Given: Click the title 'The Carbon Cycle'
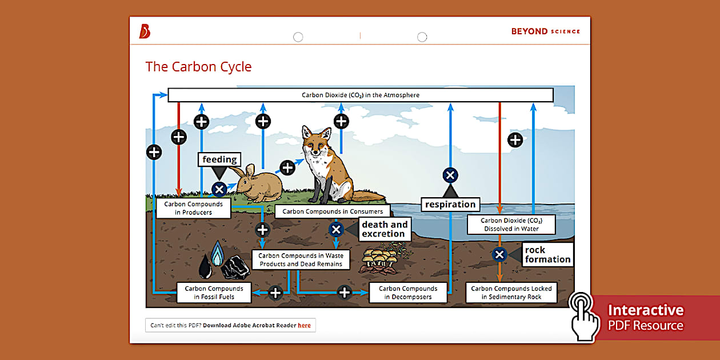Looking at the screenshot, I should point(198,67).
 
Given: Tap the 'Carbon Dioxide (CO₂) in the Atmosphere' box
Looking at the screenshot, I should point(361,95).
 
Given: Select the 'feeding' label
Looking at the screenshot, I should point(219,159).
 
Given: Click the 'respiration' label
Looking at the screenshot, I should point(450,204).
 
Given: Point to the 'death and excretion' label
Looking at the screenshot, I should point(385,229).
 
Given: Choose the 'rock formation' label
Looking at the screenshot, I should point(547,254).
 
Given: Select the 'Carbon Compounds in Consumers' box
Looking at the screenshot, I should point(333,211).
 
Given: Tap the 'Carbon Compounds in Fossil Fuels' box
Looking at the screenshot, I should point(214,293).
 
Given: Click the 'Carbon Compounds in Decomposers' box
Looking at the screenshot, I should point(408,293).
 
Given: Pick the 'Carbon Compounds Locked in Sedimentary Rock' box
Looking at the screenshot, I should point(511,293).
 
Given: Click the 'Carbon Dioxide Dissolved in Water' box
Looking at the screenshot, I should point(511,225).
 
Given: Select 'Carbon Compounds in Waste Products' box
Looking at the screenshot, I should point(301,260).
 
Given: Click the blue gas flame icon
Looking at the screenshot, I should point(217,254).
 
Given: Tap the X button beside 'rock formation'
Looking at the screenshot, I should point(499,254).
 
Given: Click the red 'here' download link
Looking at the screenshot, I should point(304,325).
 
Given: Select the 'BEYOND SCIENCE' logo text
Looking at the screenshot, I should point(545,31).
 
